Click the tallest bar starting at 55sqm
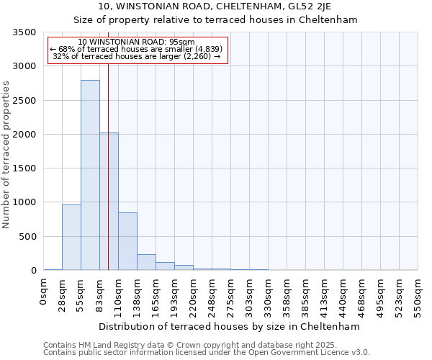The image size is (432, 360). (90, 175)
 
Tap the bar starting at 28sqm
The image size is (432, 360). (71, 238)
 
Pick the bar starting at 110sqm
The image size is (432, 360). (127, 241)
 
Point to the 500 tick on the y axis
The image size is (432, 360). (27, 237)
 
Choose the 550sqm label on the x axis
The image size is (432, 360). (418, 297)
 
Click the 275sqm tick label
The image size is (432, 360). (231, 297)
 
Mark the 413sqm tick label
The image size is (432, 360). (325, 297)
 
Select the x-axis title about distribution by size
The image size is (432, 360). (229, 326)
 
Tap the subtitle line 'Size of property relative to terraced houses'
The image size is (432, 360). (216, 19)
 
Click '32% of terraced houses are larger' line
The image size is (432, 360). (137, 56)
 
